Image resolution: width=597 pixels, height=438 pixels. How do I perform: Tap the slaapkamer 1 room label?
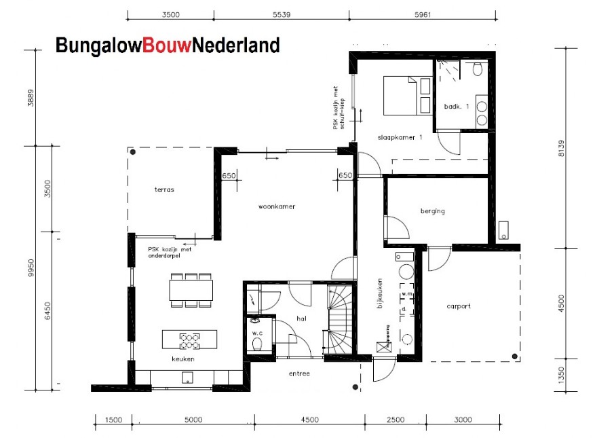[400, 137]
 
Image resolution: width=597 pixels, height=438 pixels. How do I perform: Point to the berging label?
[433, 211]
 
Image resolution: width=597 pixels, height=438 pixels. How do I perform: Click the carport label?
[459, 306]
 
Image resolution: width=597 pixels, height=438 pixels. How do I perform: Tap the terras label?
[164, 189]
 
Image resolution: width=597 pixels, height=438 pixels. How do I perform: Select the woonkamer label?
[276, 206]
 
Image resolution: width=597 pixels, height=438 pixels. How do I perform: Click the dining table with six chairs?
[191, 290]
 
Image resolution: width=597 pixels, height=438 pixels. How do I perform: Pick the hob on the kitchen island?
[189, 339]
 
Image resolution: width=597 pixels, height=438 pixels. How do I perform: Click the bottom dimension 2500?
[396, 420]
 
